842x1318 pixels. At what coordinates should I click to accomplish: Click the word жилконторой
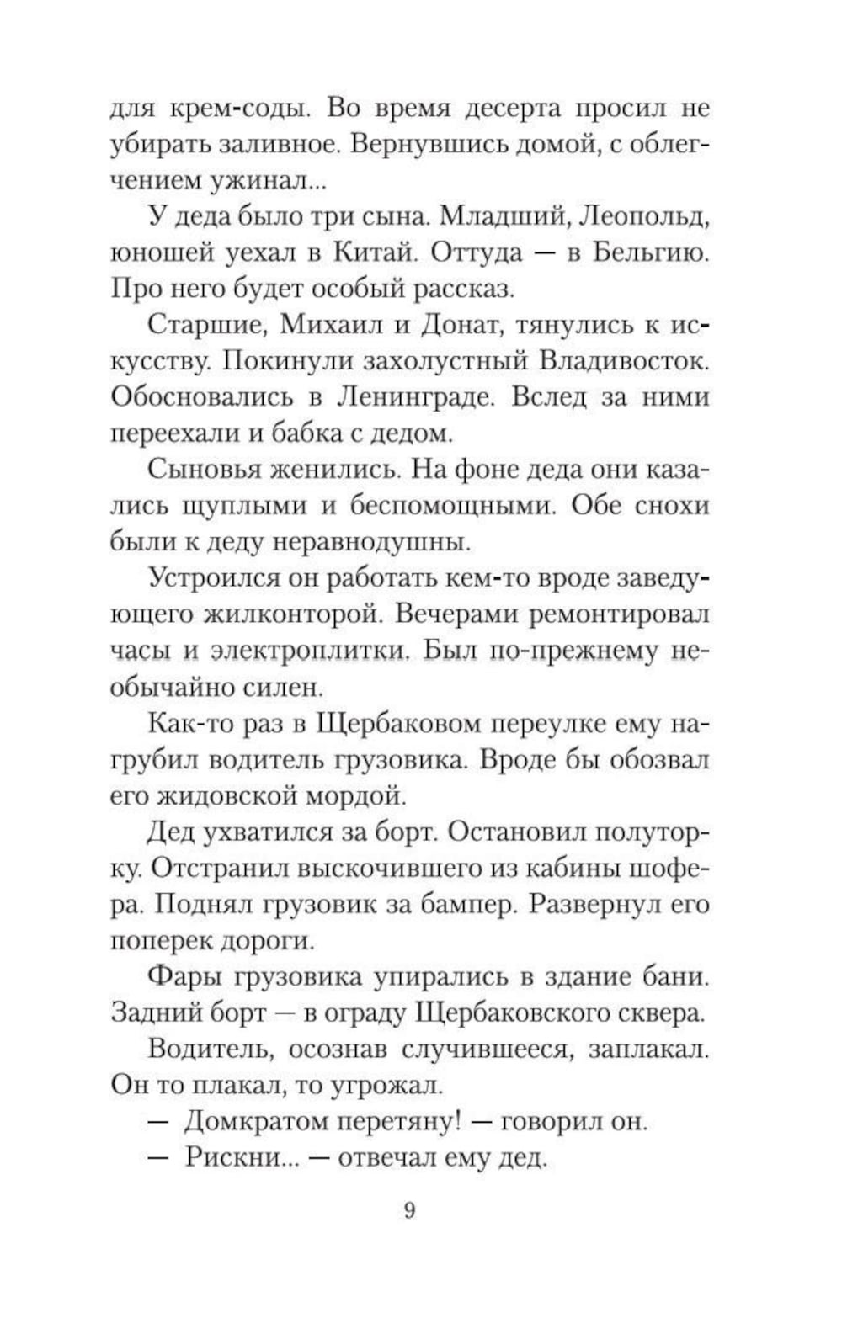coord(289,614)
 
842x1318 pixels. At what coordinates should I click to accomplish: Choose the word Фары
coord(184,976)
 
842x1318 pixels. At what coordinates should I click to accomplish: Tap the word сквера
coord(663,1012)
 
